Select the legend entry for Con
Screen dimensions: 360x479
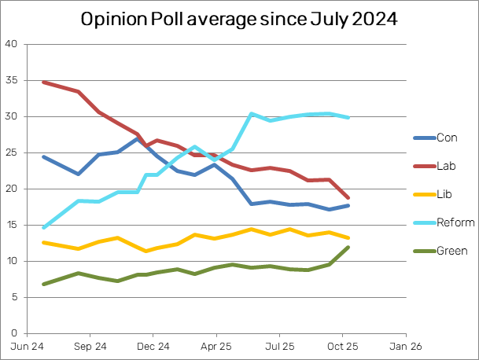[447, 138]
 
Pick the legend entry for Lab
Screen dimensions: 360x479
[447, 166]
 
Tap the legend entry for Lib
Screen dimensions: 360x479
[446, 194]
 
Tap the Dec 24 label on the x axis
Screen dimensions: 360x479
[153, 345]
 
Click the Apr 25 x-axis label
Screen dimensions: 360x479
[215, 345]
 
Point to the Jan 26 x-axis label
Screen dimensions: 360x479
[400, 345]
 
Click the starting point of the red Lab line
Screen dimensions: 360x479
[43, 82]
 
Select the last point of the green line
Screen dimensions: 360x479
[348, 247]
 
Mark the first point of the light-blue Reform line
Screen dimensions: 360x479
[43, 227]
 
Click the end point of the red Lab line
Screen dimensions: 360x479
[348, 197]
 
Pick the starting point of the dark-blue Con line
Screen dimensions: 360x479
[43, 156]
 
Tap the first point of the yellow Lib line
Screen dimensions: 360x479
[43, 242]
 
